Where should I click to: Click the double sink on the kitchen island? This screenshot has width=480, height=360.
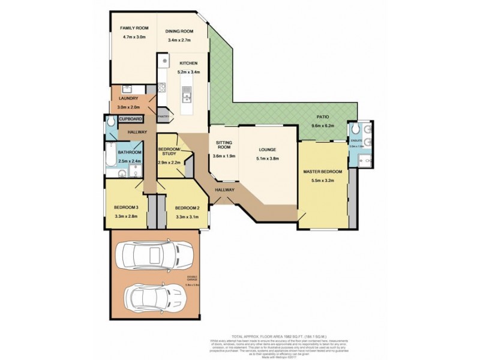pos(187,95)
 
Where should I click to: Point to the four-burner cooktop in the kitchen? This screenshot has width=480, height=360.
pos(163,62)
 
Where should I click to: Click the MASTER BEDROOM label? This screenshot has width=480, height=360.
pos(322,172)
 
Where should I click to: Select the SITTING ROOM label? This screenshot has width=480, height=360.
pos(223,146)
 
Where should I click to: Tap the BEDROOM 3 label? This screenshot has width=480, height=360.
pos(126,208)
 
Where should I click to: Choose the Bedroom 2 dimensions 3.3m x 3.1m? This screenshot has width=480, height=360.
pos(187,217)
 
